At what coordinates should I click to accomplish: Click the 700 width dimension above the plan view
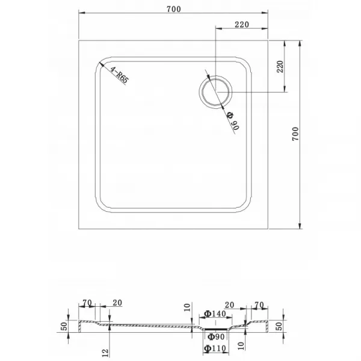(x=174, y=9)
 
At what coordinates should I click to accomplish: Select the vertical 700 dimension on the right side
(x=295, y=134)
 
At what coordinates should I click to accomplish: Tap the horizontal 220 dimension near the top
(x=242, y=25)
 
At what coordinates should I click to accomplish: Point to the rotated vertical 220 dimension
(x=280, y=67)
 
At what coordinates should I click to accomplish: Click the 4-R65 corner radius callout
(x=119, y=75)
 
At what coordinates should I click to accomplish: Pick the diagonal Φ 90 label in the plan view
(x=233, y=121)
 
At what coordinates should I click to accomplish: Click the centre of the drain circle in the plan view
(x=215, y=92)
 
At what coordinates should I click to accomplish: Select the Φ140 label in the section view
(x=215, y=313)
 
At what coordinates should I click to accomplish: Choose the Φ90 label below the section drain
(x=216, y=337)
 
